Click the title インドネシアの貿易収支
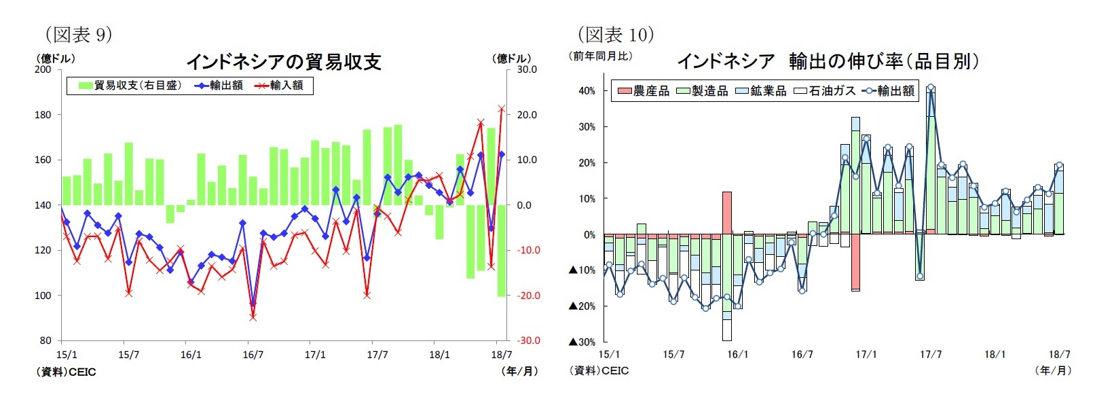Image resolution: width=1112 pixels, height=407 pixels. (283, 62)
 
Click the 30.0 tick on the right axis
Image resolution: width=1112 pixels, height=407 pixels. (527, 69)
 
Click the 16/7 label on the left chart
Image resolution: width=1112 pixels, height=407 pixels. (253, 355)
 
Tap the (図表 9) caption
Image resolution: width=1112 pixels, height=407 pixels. (78, 34)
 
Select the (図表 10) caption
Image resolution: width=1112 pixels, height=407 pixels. (615, 34)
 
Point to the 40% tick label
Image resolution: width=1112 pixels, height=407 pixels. (587, 90)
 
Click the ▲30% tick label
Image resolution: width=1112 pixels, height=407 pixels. (582, 342)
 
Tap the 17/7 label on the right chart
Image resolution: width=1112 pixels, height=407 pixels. (930, 355)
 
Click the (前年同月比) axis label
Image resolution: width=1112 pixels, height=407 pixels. (600, 56)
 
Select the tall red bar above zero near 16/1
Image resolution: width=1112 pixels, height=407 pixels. (727, 213)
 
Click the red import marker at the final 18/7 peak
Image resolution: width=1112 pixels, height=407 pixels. (502, 108)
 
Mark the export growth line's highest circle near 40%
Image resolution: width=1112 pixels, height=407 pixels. (930, 88)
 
